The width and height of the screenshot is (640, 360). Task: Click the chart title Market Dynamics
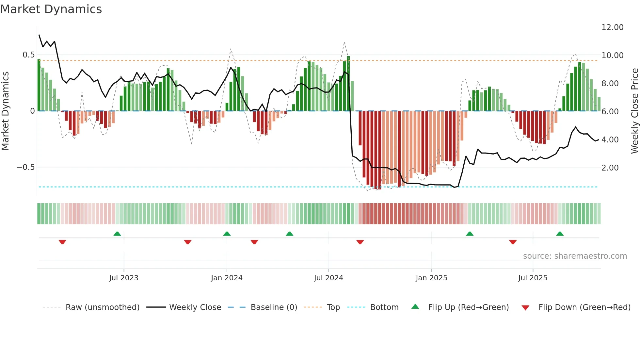51,9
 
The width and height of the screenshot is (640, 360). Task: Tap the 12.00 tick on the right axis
612,27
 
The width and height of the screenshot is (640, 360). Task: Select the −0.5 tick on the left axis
25,167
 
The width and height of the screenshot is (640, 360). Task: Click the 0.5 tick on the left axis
28,55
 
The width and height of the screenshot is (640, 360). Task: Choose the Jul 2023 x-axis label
124,278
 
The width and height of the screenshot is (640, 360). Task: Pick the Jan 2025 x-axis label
431,278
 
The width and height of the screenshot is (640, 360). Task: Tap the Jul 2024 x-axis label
328,278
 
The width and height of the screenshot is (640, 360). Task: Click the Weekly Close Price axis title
634,111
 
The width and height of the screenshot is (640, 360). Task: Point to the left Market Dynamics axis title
5,111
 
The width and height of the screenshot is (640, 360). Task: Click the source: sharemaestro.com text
575,256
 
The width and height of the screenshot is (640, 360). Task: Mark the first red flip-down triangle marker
62,242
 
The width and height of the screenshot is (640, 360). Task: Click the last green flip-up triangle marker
560,234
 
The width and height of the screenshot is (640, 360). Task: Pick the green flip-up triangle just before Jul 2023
117,234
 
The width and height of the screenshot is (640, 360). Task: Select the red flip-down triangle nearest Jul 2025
513,242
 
